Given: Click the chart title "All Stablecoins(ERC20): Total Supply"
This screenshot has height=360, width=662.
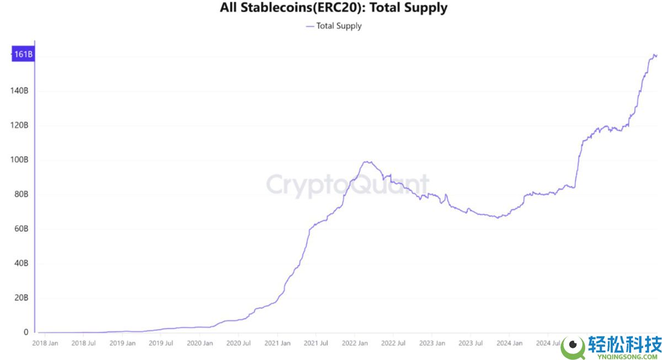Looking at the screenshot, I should coord(333,8).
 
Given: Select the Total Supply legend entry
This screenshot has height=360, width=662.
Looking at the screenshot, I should coord(334,25).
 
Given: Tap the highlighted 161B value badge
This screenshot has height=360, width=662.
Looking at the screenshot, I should coord(23,55).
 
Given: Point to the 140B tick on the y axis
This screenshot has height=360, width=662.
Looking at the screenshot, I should coord(19,91).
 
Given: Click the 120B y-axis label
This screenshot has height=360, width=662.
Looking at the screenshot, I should coord(19,125).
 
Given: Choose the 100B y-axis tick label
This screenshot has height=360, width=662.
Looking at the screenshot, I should coord(19,160).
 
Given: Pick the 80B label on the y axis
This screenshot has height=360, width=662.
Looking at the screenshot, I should coord(20,194).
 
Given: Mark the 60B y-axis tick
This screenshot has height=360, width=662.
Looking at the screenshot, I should coord(20,229).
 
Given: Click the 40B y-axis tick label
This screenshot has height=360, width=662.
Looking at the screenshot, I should coord(20,264).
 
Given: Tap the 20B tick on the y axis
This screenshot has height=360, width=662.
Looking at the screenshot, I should coord(20,298).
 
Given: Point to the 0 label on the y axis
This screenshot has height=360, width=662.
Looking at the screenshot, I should coord(25,332).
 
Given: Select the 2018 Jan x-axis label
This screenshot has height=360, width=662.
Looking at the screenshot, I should coord(45,343).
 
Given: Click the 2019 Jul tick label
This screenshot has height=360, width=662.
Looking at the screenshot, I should coord(161,343).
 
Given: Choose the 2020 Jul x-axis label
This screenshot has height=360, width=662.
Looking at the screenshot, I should coord(238,343).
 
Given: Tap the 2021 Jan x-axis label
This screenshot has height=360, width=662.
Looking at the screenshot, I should coord(277,343).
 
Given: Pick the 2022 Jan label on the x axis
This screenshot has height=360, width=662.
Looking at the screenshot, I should coord(354,343).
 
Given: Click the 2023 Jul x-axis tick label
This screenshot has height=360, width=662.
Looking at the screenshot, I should coord(470,343).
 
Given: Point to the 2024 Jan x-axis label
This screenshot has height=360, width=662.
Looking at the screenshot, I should coord(509,343).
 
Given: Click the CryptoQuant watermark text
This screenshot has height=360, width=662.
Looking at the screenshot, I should coord(348,185).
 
